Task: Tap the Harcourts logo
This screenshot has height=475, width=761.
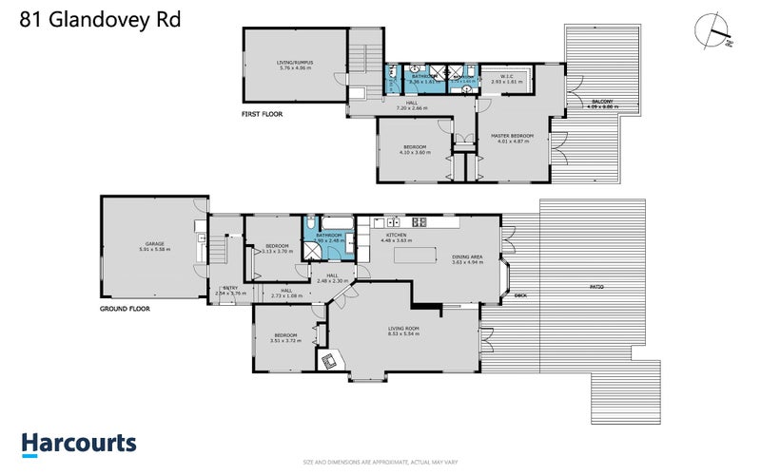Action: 79,444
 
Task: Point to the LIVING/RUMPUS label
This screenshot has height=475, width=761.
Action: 294,62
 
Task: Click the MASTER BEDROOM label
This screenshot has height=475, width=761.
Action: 512,136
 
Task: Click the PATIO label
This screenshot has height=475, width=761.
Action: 595,286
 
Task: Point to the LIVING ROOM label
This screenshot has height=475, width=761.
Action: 404,328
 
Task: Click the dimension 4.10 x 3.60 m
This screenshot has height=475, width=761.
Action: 413,152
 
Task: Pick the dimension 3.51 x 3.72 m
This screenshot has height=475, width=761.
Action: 286,340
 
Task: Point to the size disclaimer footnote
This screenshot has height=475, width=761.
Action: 380,463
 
